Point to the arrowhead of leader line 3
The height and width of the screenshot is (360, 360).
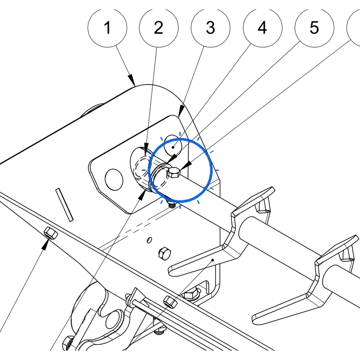point(181,111)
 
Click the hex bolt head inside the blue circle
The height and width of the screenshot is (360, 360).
point(174,172)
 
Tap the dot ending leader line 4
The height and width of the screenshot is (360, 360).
point(173,147)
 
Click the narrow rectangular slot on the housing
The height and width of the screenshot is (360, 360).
point(65,205)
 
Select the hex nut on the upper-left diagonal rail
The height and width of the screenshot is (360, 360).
point(51,233)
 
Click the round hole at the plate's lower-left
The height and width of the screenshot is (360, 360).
point(114,180)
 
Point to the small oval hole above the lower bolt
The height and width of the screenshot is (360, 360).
point(149,240)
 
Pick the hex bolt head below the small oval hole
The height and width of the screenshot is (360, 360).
point(165,253)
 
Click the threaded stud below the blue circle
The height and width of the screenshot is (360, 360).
point(171,204)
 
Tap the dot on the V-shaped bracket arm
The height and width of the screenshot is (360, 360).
point(213,260)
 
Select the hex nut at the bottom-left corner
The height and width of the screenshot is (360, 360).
point(68,343)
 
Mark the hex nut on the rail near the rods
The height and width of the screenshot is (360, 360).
point(170,302)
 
